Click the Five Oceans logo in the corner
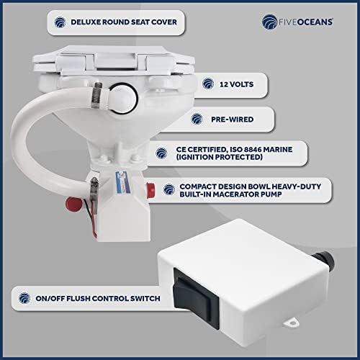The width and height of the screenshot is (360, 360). [297, 22]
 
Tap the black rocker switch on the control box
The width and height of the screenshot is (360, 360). [197, 298]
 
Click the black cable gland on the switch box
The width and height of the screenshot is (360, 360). [324, 261]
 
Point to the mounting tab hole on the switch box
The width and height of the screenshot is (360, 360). [293, 323]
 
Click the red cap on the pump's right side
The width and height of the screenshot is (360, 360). [150, 190]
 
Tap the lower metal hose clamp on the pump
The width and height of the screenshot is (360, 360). [94, 195]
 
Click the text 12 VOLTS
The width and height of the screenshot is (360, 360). [237, 84]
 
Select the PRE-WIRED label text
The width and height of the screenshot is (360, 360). [232, 120]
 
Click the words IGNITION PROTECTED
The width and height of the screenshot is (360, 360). [219, 157]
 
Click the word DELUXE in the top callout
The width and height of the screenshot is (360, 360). [86, 22]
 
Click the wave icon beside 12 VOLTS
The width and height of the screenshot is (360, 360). [208, 84]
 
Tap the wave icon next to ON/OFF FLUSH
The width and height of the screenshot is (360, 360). [24, 298]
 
